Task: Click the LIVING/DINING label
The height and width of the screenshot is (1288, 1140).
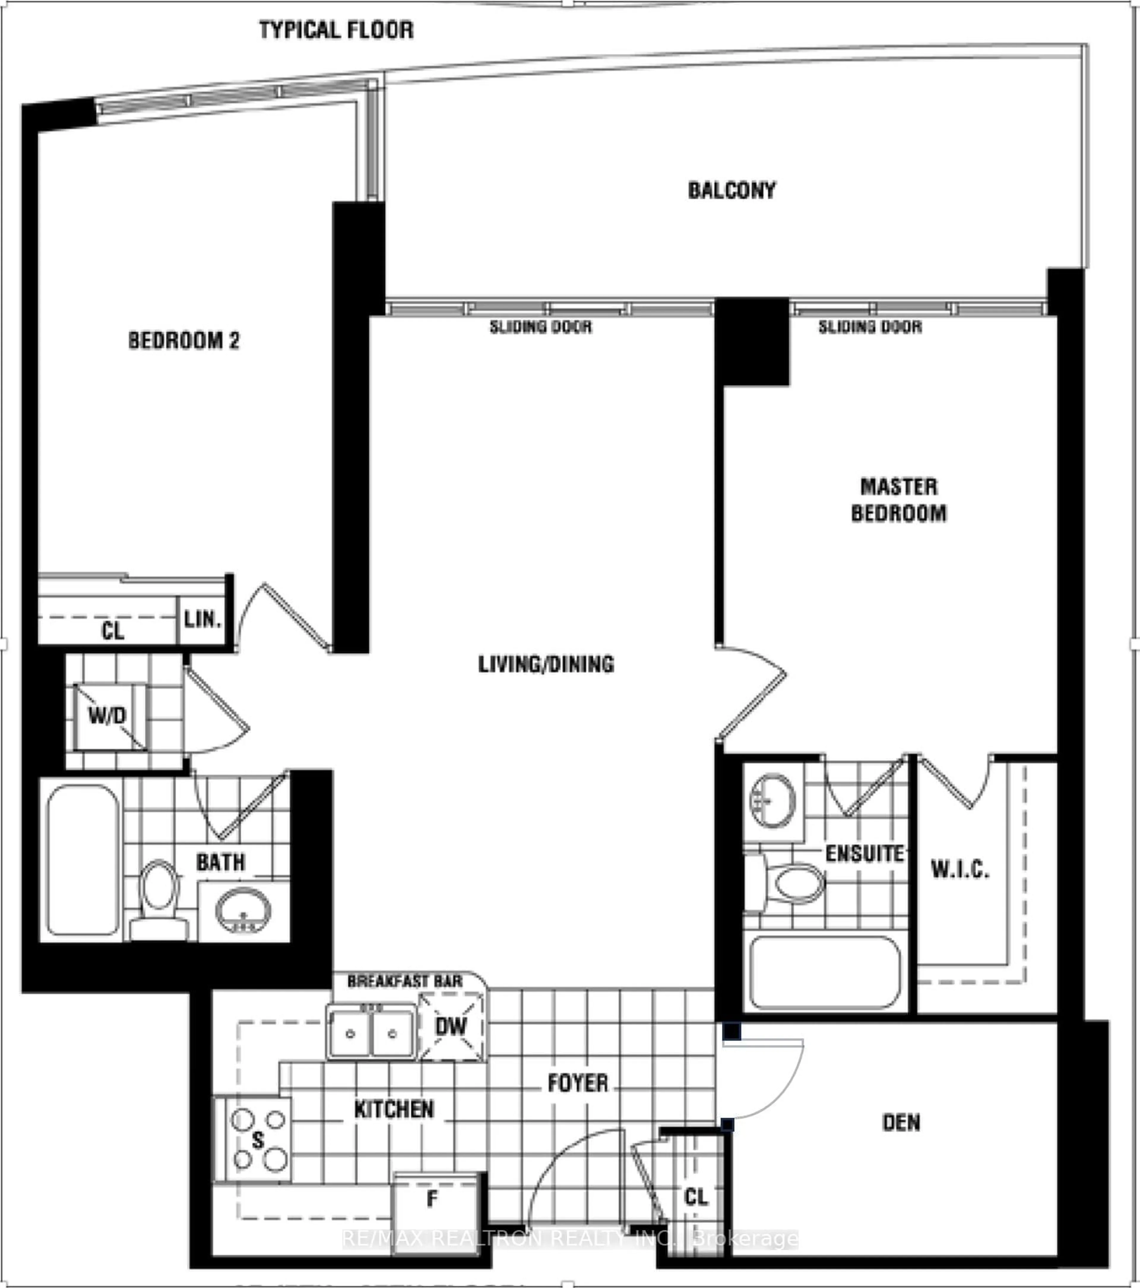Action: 546,664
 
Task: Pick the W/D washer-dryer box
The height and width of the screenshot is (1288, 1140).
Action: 108,717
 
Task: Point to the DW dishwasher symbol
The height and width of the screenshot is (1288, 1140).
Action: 451,1026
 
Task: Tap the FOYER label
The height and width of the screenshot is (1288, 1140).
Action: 577,1083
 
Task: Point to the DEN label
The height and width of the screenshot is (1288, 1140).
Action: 901,1122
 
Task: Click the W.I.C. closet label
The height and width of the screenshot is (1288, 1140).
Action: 960,870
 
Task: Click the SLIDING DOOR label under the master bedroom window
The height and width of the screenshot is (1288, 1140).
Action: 870,327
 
